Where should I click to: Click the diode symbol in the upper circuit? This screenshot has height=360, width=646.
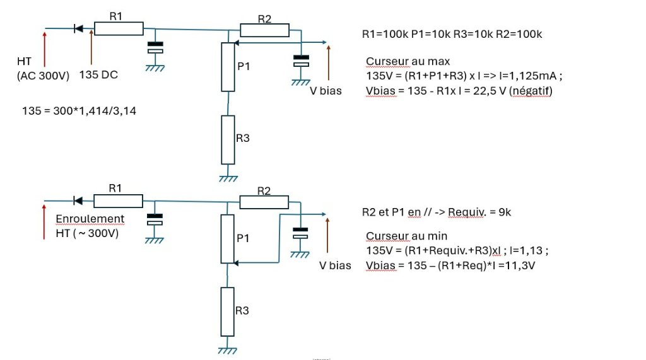pyautogui.click(x=78, y=28)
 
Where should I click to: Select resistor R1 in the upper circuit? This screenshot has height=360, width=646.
pyautogui.click(x=119, y=28)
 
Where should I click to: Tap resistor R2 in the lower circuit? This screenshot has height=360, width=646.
pyautogui.click(x=264, y=202)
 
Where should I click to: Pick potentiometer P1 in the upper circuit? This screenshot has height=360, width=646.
pyautogui.click(x=228, y=67)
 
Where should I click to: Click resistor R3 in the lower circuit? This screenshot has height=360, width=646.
pyautogui.click(x=227, y=312)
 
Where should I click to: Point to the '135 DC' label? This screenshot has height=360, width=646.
pyautogui.click(x=98, y=75)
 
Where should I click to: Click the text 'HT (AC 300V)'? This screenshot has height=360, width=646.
pyautogui.click(x=44, y=69)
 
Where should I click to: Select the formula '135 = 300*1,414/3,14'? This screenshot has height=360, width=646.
pyautogui.click(x=79, y=111)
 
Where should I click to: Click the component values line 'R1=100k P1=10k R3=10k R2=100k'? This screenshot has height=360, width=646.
pyautogui.click(x=452, y=34)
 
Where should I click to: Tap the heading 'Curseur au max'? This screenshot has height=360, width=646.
pyautogui.click(x=408, y=61)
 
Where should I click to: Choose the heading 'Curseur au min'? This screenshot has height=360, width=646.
pyautogui.click(x=407, y=236)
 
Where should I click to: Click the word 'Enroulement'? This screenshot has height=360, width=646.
pyautogui.click(x=90, y=219)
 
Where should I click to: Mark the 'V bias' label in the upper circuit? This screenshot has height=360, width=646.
pyautogui.click(x=326, y=91)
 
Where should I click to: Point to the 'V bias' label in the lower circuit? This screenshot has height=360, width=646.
pyautogui.click(x=335, y=265)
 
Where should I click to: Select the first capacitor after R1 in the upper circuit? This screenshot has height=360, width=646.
pyautogui.click(x=155, y=47)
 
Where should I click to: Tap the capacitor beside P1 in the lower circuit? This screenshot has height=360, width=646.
pyautogui.click(x=300, y=233)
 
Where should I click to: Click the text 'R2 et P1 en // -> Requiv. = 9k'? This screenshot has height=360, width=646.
pyautogui.click(x=437, y=212)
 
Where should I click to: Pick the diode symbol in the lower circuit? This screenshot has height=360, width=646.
pyautogui.click(x=78, y=200)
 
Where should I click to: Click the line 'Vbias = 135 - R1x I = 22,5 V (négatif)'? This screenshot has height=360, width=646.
pyautogui.click(x=459, y=91)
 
